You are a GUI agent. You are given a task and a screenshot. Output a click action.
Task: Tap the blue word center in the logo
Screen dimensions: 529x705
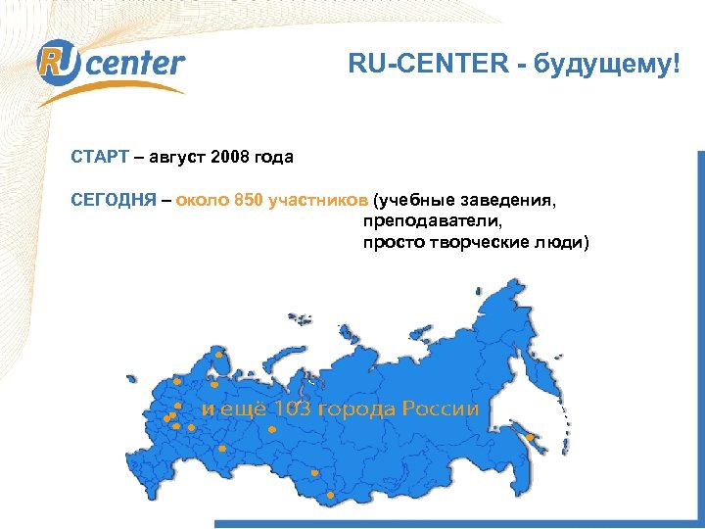[138, 65]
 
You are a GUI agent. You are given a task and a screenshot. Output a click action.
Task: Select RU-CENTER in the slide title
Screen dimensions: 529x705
[422, 66]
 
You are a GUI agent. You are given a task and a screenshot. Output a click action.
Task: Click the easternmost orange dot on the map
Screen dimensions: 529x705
[530, 437]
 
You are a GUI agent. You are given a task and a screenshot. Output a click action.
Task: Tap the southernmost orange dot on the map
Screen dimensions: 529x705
[330, 496]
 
